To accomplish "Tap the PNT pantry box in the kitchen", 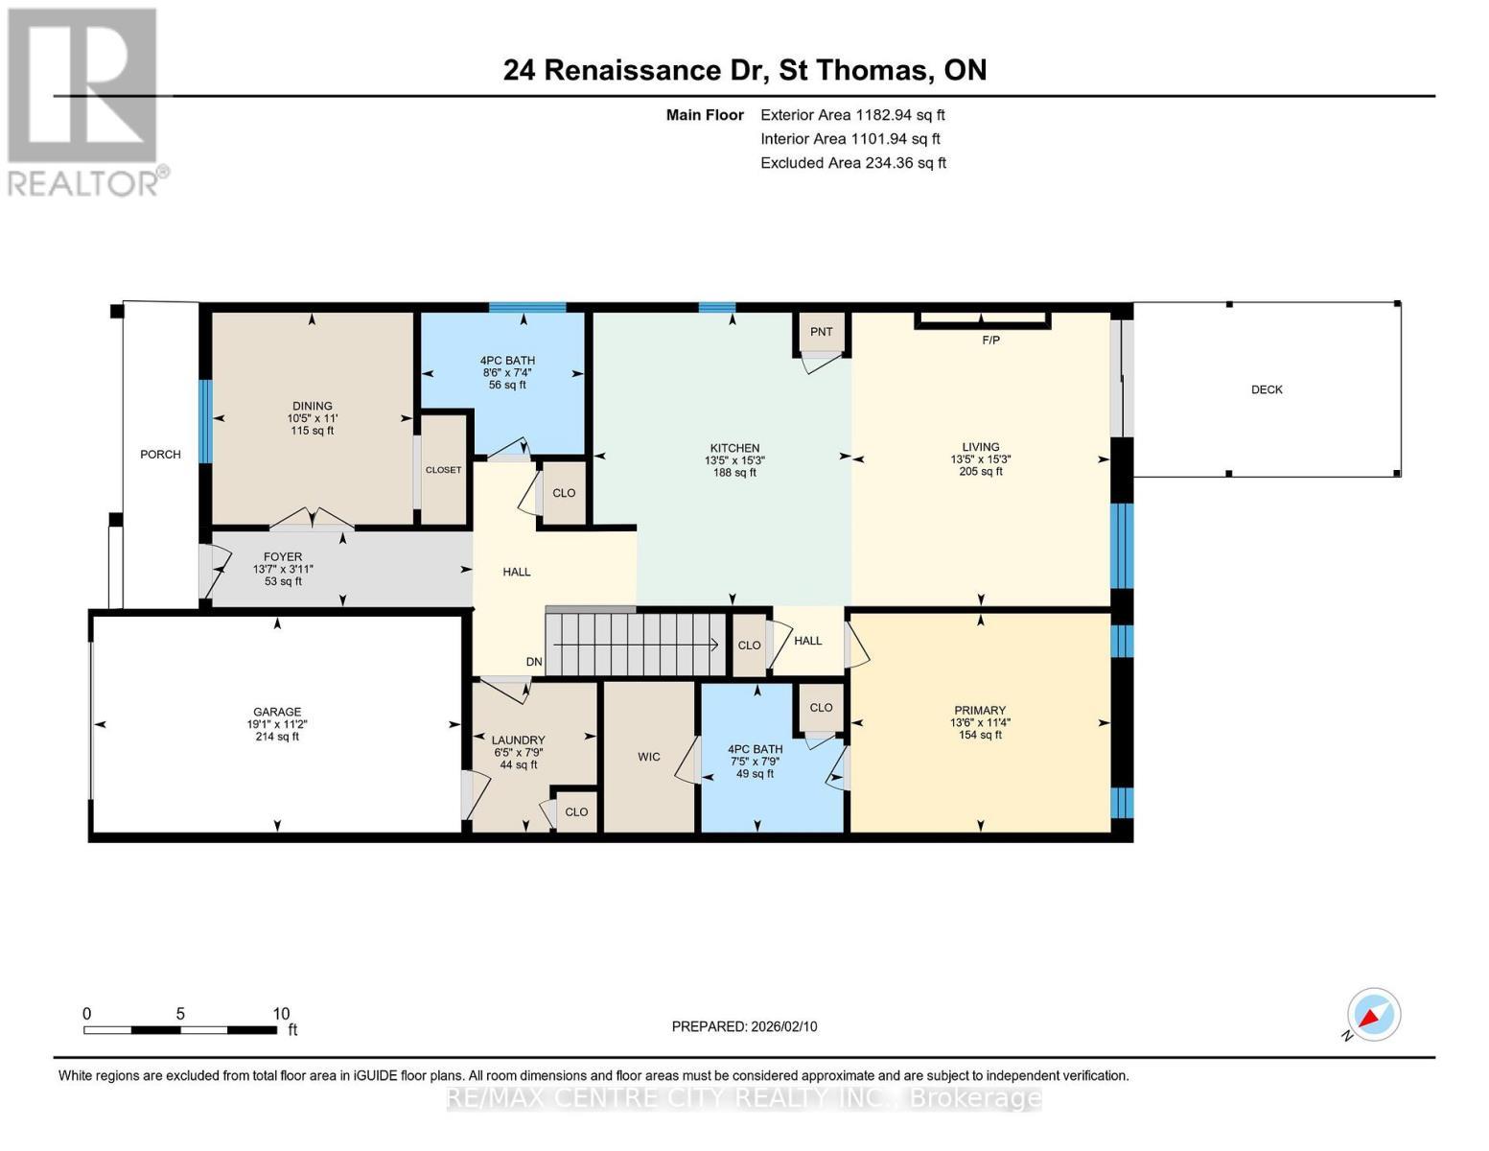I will point(822,332).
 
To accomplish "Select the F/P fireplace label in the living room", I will point(991,340).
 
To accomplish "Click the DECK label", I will point(1267,389).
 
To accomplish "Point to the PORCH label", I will point(160,455).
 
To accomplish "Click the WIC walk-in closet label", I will point(649,757).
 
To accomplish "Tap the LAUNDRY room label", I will point(518,740).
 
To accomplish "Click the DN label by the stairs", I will point(534,662).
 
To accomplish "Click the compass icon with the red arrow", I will point(1374,1015).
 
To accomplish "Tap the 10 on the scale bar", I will point(281,1014).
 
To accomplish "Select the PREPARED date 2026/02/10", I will point(744,1026).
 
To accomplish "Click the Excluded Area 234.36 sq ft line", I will point(853,163).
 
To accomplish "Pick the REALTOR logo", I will point(83,101).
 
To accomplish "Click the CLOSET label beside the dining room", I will point(444,470).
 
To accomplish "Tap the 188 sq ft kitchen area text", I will point(734,472).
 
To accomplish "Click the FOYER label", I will point(283,556).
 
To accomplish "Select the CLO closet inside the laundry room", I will point(576,811).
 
